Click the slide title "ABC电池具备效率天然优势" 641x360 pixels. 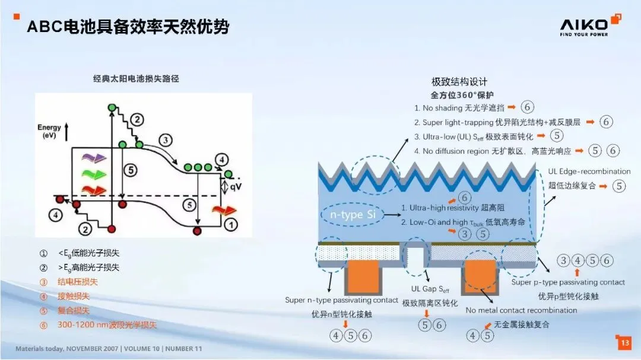[x=128, y=27]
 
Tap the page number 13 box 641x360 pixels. [x=624, y=342]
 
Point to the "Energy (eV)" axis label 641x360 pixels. [x=49, y=131]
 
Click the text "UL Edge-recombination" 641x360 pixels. [x=589, y=171]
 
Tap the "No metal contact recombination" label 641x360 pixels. [x=521, y=310]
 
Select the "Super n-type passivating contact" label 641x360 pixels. [x=341, y=301]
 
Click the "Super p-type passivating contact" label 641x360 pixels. [x=568, y=282]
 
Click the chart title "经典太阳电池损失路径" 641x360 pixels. [x=136, y=78]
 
